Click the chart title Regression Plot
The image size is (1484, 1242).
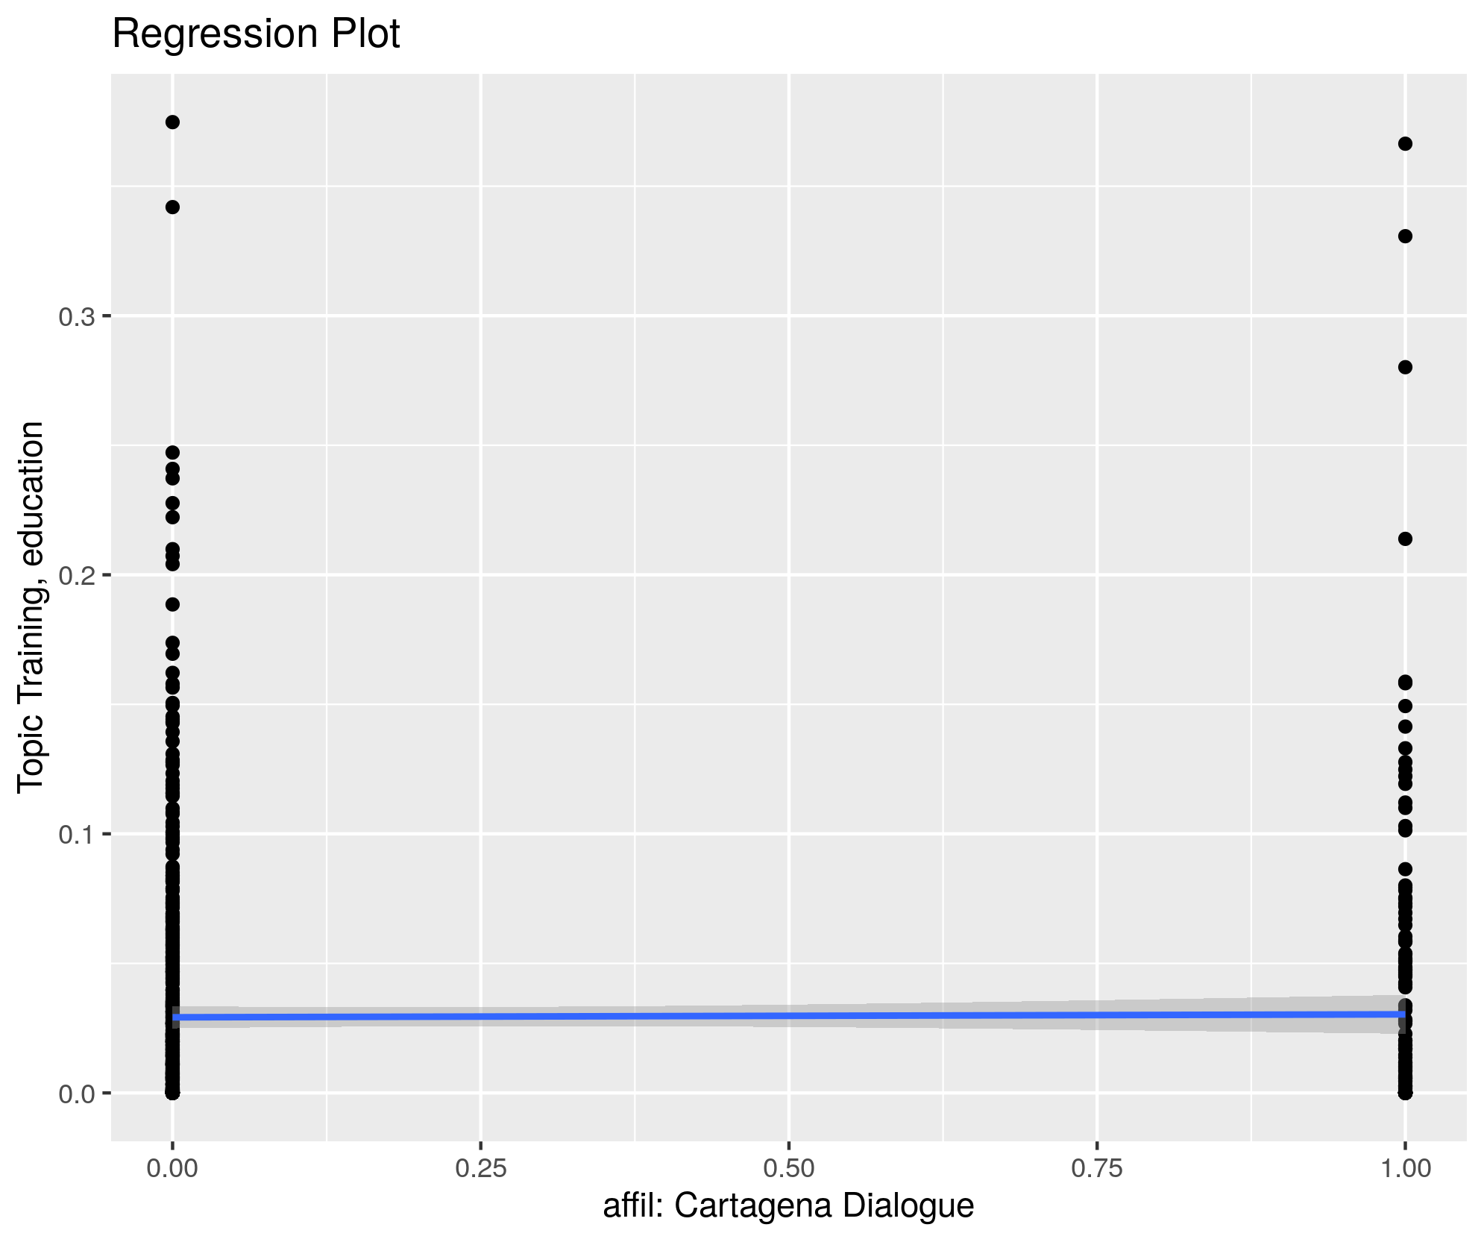pos(256,34)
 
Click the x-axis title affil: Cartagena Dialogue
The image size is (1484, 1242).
pos(788,1205)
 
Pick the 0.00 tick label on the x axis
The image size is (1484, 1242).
pos(172,1168)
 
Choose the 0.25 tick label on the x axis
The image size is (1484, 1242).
pos(481,1168)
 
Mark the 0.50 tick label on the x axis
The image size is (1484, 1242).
pos(789,1168)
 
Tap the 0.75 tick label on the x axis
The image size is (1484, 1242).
pos(1097,1168)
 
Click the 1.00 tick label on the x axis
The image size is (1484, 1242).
pos(1405,1168)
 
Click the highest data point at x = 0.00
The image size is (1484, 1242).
pos(172,122)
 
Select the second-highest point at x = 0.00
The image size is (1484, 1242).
pos(172,207)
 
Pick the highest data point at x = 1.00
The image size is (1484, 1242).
pos(1405,144)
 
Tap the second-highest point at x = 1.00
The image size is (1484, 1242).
pos(1405,236)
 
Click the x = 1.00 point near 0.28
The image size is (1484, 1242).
pos(1405,367)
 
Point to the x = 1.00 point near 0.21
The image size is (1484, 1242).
pos(1405,539)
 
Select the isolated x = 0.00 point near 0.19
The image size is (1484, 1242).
pos(172,604)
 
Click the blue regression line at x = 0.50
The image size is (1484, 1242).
pos(789,1015)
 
